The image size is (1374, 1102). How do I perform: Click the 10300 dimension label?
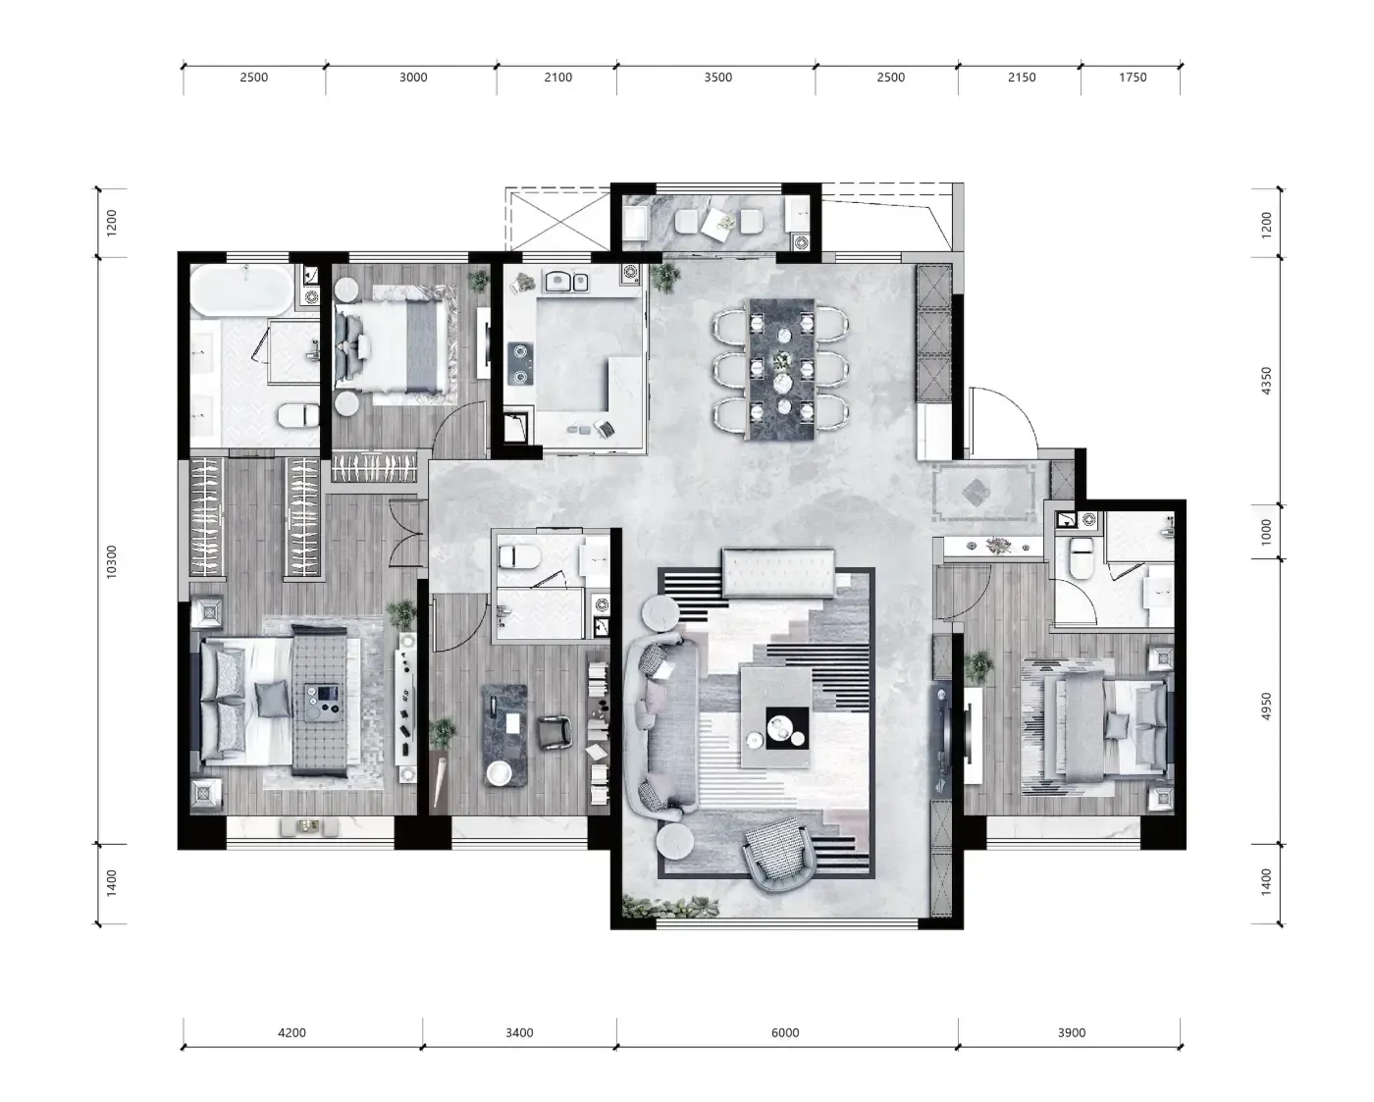coord(112,562)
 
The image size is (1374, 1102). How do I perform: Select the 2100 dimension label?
coord(558,78)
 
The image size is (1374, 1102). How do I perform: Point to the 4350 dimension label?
coord(1267,381)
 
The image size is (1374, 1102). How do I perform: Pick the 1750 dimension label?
coord(1133,78)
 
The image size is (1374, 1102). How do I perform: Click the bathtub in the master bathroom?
coord(242,290)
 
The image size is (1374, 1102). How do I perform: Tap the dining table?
coord(782,369)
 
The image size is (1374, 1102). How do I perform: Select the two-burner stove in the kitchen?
coord(520,364)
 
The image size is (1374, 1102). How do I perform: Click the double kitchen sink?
coord(565,281)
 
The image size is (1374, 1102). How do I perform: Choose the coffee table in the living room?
coord(776,716)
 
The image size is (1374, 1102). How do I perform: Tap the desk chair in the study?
coord(555,732)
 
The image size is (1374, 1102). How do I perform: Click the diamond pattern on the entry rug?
coord(975,493)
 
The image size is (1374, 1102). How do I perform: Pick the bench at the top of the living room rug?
coord(778,572)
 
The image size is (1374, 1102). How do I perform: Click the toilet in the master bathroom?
coord(298,416)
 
